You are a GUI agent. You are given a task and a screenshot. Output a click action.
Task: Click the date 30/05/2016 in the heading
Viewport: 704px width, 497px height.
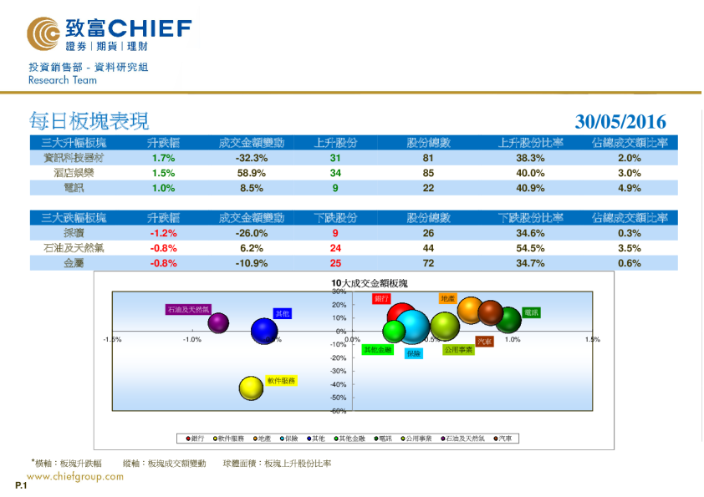(x=620, y=122)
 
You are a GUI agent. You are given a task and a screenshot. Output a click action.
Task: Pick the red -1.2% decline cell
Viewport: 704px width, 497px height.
(x=163, y=234)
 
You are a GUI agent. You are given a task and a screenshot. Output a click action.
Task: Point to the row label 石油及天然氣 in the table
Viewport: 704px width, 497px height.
(x=73, y=248)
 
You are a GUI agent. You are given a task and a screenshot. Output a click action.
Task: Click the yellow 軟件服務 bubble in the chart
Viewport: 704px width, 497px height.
(x=252, y=388)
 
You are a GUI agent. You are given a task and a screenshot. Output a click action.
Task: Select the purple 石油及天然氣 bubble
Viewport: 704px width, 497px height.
(x=219, y=322)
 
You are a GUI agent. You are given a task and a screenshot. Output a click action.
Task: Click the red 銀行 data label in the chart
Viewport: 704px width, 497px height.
(x=381, y=298)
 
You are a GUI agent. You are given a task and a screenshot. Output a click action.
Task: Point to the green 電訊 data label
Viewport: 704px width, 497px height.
(x=531, y=312)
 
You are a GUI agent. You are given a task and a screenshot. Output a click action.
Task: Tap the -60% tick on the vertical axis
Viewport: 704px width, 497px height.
(x=339, y=411)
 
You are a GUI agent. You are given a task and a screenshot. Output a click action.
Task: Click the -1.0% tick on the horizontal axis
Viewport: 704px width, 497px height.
(x=192, y=340)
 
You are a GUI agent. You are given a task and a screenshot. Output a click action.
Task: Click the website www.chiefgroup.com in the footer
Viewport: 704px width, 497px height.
(x=75, y=477)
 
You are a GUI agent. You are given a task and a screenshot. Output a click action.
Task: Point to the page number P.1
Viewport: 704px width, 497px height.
(x=21, y=485)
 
